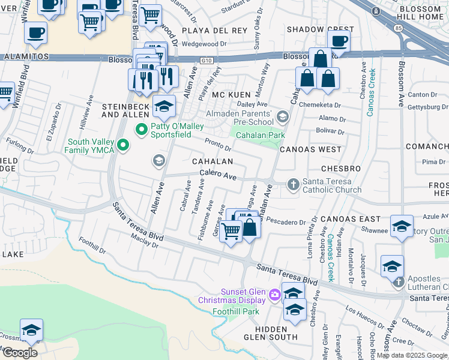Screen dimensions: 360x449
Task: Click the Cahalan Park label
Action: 260,135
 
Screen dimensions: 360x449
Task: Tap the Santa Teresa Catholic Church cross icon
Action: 293,184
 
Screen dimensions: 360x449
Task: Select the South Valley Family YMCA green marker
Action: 124,145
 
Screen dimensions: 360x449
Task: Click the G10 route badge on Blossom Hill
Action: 207,59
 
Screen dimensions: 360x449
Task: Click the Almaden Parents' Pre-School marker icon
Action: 283,116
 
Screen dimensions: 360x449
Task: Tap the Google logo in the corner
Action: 20,353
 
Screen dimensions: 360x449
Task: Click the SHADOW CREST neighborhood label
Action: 320,29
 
